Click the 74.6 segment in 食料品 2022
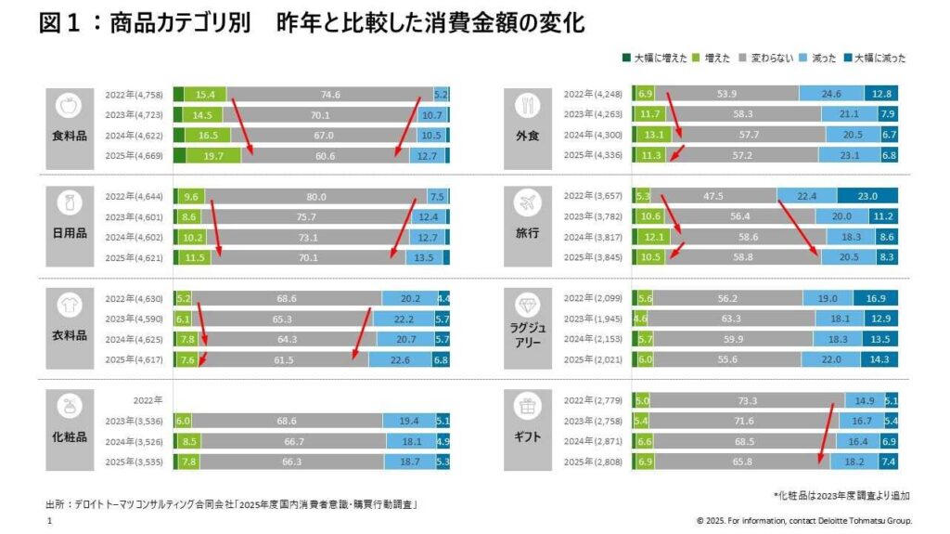(329, 95)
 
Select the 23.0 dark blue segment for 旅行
(867, 196)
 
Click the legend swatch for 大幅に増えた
(627, 58)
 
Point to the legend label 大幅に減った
(879, 58)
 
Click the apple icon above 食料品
(70, 104)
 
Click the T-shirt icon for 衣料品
(70, 306)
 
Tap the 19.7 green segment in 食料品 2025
(213, 156)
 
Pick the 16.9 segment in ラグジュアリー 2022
(874, 298)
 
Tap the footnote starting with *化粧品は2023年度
(841, 496)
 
